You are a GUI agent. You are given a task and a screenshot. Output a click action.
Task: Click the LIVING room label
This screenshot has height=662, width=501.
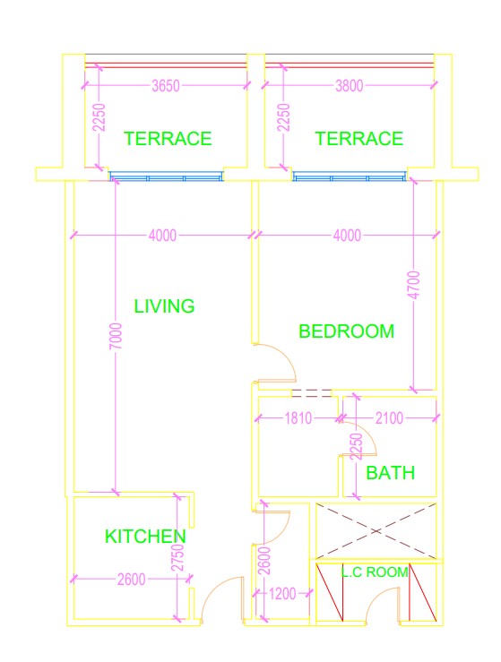pos(164,306)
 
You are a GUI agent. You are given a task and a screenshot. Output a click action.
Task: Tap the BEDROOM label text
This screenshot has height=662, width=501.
pos(346,331)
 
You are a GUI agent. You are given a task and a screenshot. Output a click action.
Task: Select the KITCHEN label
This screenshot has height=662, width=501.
pos(145,537)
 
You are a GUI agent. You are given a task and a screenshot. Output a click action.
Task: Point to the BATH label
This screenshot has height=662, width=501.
pos(391,472)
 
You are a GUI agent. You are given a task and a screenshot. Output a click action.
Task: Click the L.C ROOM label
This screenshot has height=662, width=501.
pos(375,572)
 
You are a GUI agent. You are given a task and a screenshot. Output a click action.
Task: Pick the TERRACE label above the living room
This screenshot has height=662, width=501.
pos(168,139)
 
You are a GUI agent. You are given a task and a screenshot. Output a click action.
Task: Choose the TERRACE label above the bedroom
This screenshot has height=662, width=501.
pos(358,139)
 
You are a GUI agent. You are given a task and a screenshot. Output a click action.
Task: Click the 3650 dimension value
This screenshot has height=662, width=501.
pos(166,87)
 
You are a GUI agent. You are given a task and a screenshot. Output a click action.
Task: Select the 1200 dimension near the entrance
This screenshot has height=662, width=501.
pos(282,593)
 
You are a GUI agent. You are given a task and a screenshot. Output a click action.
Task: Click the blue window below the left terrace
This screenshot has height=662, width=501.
pos(165,176)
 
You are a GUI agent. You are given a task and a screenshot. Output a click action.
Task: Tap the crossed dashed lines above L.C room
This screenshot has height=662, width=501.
pos(376,529)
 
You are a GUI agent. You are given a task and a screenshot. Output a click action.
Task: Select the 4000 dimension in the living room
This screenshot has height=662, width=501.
pos(162,236)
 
